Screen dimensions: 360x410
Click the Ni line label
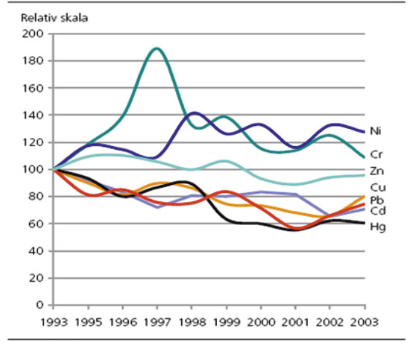[x=378, y=130]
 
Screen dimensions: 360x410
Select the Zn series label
[x=378, y=171]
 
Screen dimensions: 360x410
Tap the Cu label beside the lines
[x=379, y=187]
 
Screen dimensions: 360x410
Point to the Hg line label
[x=379, y=226]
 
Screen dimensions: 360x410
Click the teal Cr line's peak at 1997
[x=156, y=48]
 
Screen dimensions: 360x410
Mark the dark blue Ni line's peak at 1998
[x=194, y=113]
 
